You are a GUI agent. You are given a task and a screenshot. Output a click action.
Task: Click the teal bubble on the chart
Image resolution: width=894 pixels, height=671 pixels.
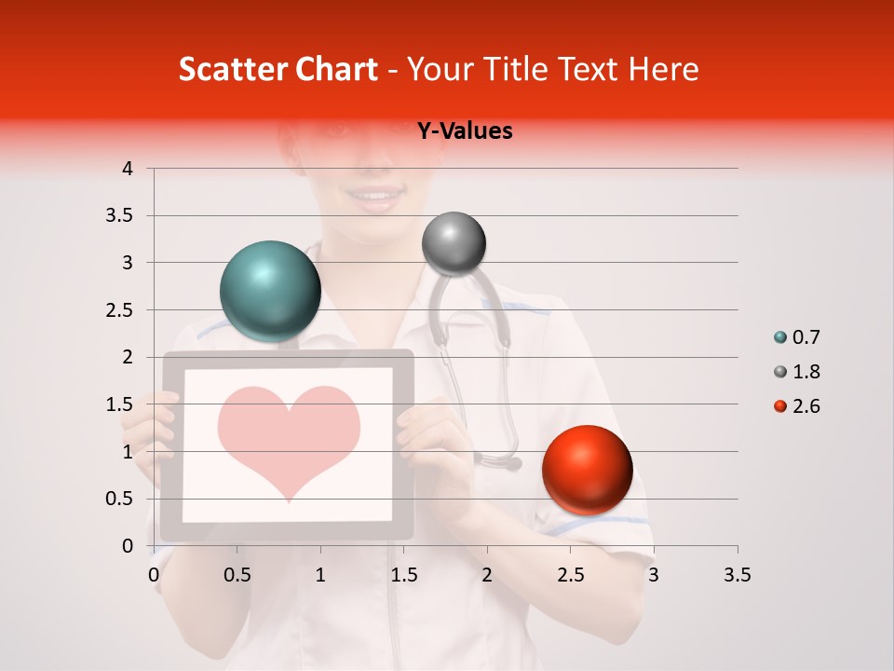pos(271,291)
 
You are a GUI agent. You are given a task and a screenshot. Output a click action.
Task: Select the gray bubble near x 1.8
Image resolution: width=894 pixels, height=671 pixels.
pos(454,243)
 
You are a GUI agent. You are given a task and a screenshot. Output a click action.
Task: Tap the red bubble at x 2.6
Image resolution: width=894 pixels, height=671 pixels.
pos(587,470)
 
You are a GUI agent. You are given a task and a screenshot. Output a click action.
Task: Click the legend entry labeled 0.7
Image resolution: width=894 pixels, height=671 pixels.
pos(797,337)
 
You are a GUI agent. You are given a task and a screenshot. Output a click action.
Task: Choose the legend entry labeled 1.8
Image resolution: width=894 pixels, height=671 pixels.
pos(797,372)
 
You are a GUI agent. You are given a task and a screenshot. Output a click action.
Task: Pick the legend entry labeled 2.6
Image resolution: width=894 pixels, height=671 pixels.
pos(797,406)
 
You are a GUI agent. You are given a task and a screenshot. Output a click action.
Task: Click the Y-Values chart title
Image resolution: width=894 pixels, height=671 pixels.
pos(465,131)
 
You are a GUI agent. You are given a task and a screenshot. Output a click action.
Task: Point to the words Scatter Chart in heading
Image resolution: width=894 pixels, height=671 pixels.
pos(278,69)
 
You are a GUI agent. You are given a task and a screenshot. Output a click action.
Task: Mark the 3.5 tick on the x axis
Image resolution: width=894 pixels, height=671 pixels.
pos(737,575)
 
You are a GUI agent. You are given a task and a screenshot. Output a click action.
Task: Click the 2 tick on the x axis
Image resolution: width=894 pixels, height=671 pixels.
pos(487,575)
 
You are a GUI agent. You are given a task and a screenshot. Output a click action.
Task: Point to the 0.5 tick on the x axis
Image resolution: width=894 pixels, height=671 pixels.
pos(237,575)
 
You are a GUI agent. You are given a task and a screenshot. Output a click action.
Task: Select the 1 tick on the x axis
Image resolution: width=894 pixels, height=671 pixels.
pos(320,575)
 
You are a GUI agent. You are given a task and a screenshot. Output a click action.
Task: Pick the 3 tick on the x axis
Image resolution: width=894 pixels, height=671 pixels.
pos(654,575)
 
